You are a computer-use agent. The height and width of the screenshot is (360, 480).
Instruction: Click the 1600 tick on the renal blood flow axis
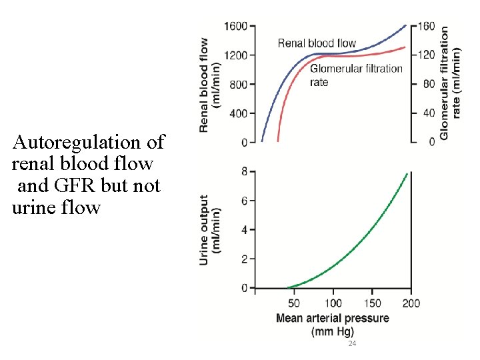(235, 26)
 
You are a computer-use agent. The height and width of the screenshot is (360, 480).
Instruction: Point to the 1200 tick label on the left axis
(235, 55)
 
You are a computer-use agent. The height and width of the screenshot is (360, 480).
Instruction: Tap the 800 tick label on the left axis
(238, 85)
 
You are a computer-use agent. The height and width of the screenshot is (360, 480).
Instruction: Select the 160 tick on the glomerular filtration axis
(427, 26)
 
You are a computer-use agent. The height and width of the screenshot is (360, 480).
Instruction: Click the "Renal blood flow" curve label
(317, 43)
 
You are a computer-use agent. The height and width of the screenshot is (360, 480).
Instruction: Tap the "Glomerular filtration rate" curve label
(356, 75)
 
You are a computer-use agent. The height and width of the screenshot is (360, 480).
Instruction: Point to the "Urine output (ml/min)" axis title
(210, 229)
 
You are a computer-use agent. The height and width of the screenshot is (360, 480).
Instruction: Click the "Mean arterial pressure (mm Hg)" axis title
(332, 324)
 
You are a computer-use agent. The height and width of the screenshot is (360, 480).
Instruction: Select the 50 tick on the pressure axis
(293, 304)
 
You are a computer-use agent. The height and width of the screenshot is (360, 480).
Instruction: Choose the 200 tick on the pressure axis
(411, 304)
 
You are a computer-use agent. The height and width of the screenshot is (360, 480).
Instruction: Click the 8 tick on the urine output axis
(244, 172)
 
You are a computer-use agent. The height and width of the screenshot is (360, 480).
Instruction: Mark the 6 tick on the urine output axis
(244, 201)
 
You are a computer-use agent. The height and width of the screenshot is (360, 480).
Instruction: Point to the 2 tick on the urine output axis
(244, 259)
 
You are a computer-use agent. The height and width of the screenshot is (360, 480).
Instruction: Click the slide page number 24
(352, 343)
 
